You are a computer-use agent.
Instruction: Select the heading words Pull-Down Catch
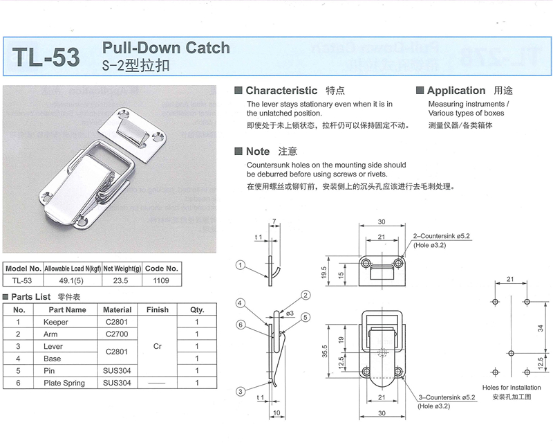coord(166,48)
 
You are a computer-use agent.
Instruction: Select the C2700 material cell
coord(118,334)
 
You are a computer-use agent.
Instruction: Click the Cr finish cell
coord(157,346)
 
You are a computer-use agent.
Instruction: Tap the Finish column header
coord(157,309)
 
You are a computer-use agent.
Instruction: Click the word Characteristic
coord(281,91)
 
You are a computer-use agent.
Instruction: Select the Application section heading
coord(456,91)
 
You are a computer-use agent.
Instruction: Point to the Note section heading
coord(258,151)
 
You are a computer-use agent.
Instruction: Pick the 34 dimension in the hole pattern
coord(538,327)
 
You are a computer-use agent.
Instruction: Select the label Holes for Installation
coord(509,388)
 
